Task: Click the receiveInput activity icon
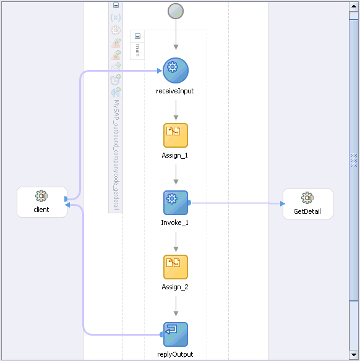coord(176,70)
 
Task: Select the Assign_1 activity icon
coord(176,135)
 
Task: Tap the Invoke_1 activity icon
coord(176,202)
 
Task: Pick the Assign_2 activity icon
coord(176,267)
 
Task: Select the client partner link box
coord(41,202)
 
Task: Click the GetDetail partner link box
coord(307,204)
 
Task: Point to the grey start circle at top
coord(176,11)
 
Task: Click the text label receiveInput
coord(175,91)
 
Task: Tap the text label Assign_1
coord(175,155)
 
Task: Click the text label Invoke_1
coord(175,223)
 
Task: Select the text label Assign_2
coord(175,287)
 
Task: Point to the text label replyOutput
coord(175,354)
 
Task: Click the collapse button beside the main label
coord(137,36)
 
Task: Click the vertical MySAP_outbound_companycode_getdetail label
coord(116,155)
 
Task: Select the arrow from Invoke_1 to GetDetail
coord(235,202)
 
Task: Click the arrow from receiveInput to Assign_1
coord(176,109)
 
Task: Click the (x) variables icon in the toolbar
coord(115,17)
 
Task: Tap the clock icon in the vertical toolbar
coord(115,80)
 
